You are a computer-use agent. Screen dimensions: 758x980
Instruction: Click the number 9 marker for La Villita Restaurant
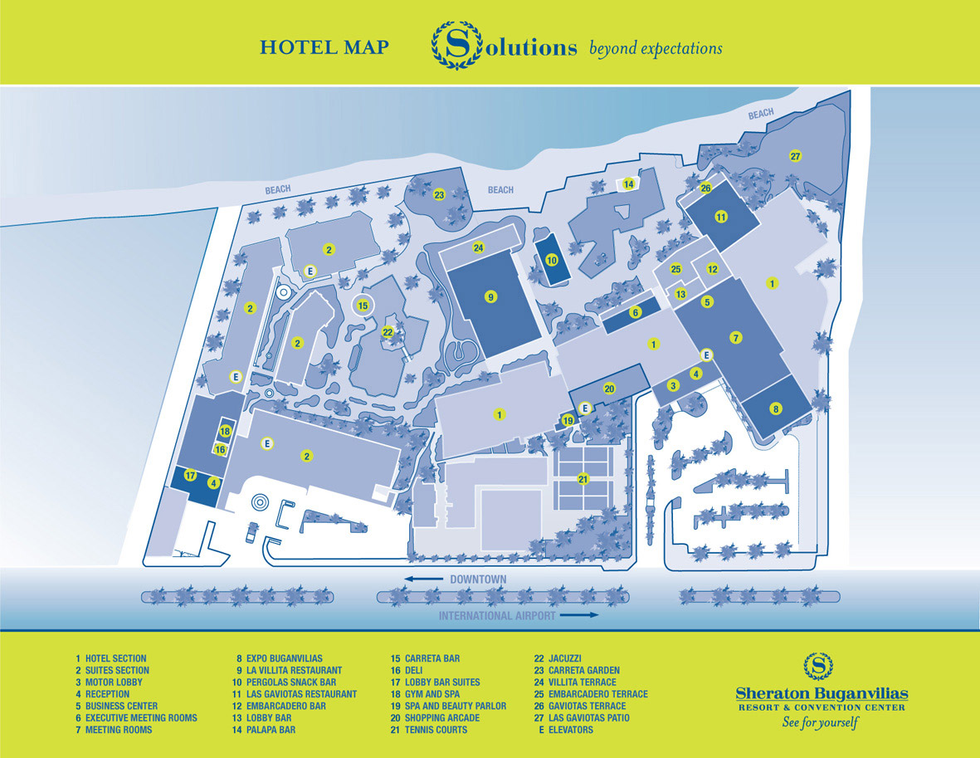click(x=490, y=296)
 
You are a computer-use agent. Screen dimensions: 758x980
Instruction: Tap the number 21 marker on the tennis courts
click(x=583, y=478)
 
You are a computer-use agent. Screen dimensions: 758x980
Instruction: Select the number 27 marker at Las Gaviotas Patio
click(x=795, y=157)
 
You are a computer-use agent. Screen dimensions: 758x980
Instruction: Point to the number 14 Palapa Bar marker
click(x=629, y=184)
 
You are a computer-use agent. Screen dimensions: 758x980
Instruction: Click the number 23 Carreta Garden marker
click(x=439, y=195)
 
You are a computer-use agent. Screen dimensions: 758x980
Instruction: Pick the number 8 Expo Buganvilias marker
click(x=776, y=408)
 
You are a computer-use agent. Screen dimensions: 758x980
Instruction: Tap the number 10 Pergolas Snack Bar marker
click(x=551, y=260)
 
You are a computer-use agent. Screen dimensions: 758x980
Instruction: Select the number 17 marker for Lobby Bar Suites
click(x=190, y=476)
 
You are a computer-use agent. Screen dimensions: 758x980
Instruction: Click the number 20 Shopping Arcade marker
click(x=609, y=389)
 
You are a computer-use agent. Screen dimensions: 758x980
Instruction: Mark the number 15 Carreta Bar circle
click(x=363, y=306)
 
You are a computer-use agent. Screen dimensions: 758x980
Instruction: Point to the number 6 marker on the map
click(x=636, y=313)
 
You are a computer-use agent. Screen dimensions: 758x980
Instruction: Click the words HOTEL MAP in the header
click(x=324, y=47)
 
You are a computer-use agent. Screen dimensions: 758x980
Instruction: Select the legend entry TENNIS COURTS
click(x=436, y=730)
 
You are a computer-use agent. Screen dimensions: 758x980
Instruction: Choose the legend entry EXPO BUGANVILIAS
click(x=285, y=658)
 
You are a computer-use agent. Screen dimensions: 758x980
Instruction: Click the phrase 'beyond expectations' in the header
click(x=656, y=48)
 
